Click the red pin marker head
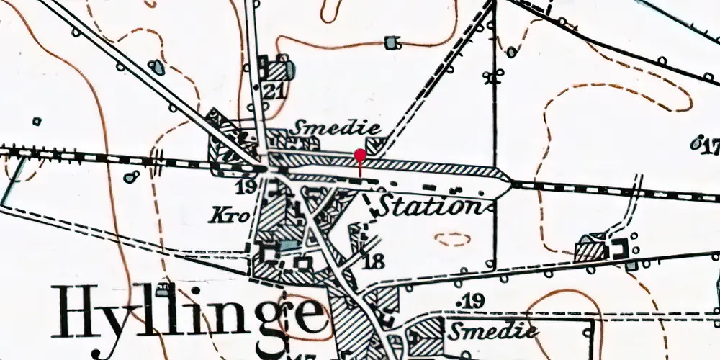360,154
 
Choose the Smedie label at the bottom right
492,330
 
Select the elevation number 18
373,261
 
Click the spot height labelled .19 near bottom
472,300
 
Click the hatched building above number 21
274,70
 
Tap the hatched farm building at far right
590,251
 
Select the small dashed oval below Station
452,239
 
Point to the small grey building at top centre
392,42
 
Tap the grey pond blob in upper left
156,68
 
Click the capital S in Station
390,205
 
